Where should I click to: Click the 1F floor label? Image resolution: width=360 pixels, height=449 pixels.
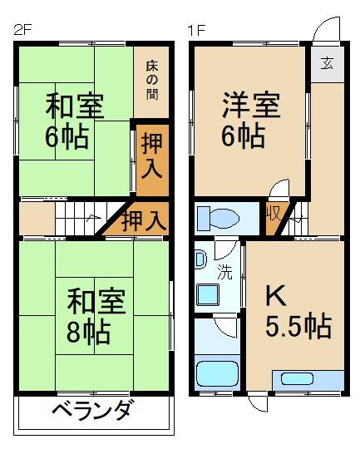tap(196, 32)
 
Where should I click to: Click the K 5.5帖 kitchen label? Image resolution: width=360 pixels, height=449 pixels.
tap(296, 311)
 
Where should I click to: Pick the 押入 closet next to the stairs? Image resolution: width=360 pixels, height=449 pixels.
tap(143, 220)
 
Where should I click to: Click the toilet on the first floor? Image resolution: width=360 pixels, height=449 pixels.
tap(219, 219)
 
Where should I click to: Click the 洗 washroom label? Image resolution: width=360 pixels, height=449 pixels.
tap(225, 269)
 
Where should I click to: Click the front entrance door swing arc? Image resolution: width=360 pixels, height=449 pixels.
tap(326, 32)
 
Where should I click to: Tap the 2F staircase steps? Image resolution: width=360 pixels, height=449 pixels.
tap(79, 221)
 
